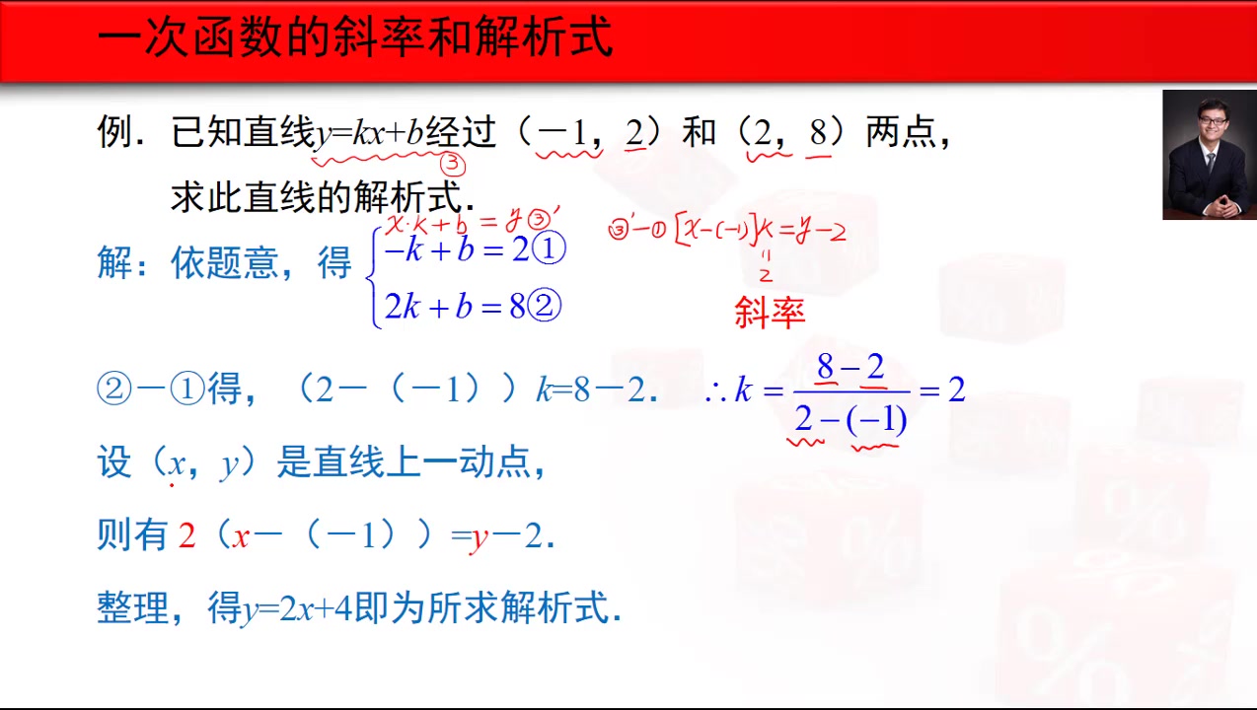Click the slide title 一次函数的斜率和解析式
tap(355, 38)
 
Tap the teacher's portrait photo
tap(1209, 155)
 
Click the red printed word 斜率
tap(770, 313)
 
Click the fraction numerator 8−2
tap(850, 368)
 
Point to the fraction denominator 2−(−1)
tap(850, 420)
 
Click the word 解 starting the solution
tap(114, 262)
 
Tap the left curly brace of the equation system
tap(373, 278)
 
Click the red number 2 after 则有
tap(187, 535)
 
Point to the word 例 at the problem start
tap(114, 131)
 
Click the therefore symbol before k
tap(714, 391)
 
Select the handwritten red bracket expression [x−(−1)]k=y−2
tap(760, 231)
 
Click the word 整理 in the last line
tap(133, 608)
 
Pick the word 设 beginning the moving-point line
tap(114, 461)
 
